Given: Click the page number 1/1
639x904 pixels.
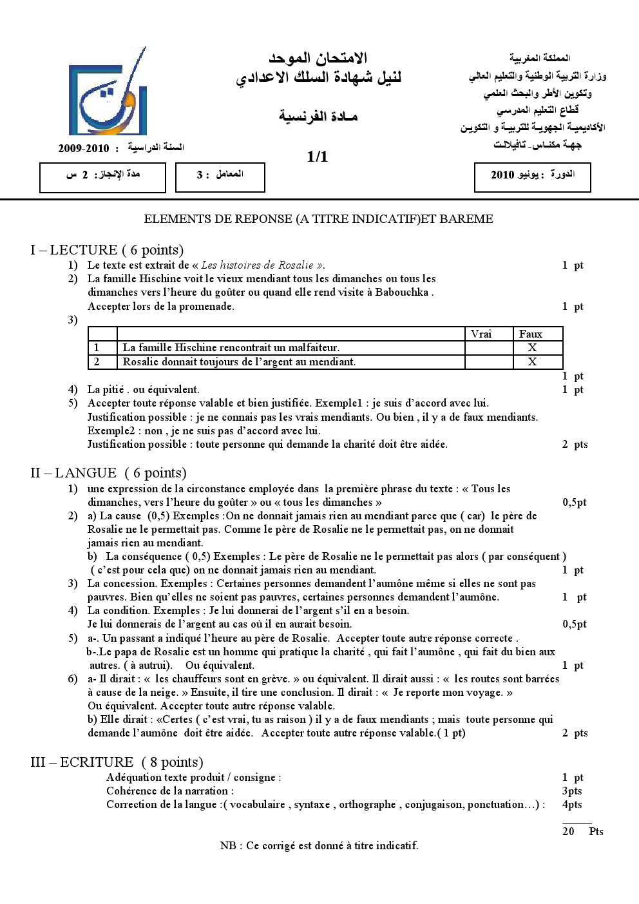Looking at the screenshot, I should [318, 157].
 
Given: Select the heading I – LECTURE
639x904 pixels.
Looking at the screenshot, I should [107, 250].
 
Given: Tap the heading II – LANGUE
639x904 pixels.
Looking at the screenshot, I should [108, 474].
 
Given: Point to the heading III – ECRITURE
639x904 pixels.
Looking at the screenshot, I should [117, 763].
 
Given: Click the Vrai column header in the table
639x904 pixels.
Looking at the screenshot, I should [481, 334].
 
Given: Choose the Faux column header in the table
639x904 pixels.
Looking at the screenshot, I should [531, 334].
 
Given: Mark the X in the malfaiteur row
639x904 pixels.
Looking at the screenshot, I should [532, 348].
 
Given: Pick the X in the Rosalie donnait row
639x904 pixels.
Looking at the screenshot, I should [532, 361].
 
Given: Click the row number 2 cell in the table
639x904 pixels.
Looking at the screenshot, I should [97, 361].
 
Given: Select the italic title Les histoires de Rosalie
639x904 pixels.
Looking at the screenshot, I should [258, 265].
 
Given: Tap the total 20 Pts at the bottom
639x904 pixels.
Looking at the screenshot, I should [582, 831].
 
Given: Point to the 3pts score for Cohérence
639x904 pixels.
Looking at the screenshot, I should [571, 791].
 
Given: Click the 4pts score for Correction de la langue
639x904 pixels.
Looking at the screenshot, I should [571, 804].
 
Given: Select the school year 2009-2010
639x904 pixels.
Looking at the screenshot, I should [88, 148].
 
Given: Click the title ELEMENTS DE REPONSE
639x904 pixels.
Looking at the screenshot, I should [318, 219].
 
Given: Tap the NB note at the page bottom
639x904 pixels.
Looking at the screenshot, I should [319, 845].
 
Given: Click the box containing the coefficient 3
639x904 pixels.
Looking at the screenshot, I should [220, 177].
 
